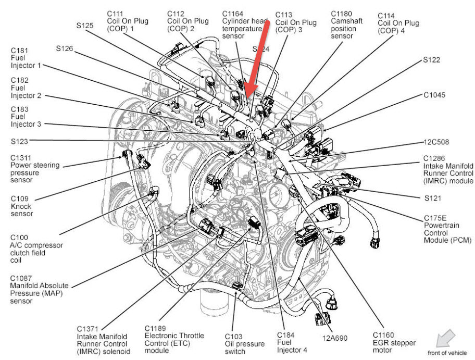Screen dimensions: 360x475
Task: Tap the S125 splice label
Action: [x=84, y=24]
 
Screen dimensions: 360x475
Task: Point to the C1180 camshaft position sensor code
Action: [x=342, y=13]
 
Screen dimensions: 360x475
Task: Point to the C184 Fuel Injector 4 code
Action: [x=286, y=334]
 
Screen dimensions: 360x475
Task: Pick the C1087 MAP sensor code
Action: [x=22, y=279]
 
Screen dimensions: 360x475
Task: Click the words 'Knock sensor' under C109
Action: [x=21, y=210]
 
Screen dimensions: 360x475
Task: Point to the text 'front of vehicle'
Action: [x=447, y=353]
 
